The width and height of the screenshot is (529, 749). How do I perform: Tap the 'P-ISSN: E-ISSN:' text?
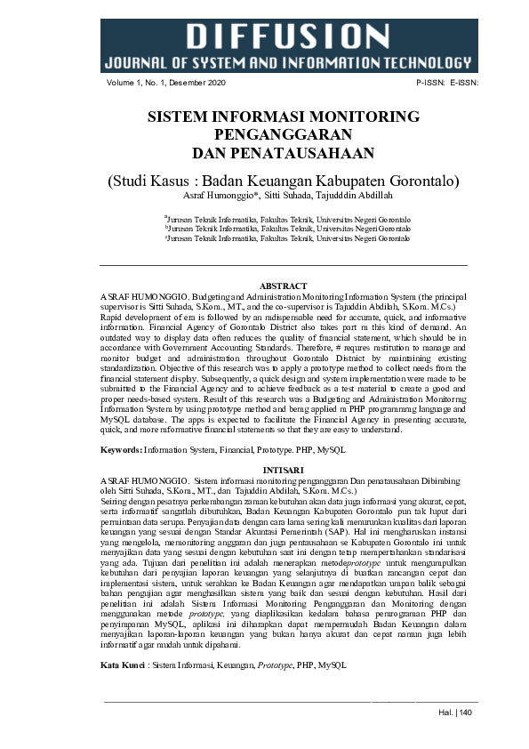click(x=447, y=84)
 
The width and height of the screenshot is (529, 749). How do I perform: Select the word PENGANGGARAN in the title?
click(x=283, y=134)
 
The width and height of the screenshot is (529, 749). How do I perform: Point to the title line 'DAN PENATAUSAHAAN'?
click(x=283, y=152)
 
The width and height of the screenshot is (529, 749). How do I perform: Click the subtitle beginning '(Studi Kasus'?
click(x=283, y=181)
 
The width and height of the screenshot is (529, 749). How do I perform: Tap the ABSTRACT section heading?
click(x=283, y=286)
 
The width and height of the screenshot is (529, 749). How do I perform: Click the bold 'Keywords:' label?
click(x=121, y=451)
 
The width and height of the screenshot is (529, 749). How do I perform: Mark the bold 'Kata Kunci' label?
click(x=124, y=665)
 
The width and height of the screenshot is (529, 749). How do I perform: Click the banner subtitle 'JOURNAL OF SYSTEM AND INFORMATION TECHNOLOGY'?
click(x=287, y=62)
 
